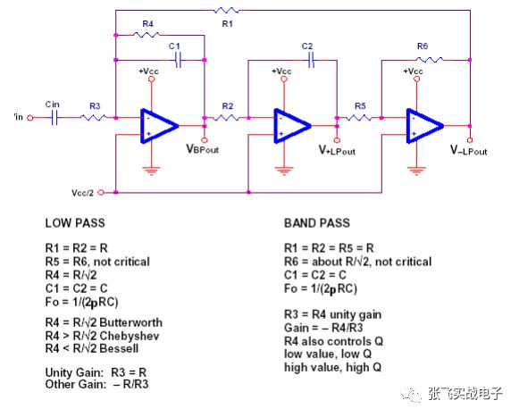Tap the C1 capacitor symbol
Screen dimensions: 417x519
179,60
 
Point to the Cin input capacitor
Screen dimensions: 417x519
54,117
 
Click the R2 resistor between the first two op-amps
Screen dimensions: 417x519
228,117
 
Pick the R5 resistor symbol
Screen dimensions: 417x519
360,117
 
